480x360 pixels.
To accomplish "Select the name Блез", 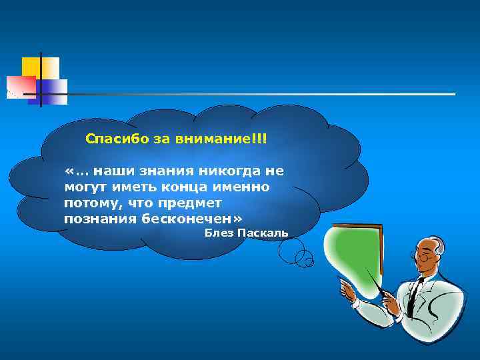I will (218, 233).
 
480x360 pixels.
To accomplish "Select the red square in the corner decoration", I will (20, 86).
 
